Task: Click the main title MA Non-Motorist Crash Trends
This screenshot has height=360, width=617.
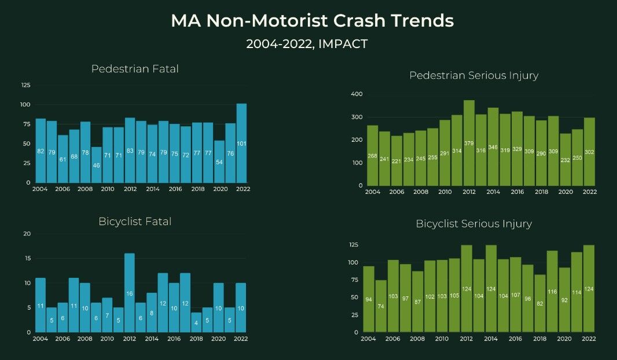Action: click(x=312, y=21)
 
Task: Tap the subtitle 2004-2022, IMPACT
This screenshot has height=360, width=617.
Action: click(x=307, y=44)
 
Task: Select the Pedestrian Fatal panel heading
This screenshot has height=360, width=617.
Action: click(x=135, y=69)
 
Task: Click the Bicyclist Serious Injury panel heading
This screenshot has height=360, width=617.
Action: click(x=473, y=223)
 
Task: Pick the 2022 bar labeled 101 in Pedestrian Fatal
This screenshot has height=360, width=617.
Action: click(x=242, y=144)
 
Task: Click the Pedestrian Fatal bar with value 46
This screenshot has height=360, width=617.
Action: click(x=96, y=165)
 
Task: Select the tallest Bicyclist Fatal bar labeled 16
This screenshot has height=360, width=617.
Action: click(x=130, y=293)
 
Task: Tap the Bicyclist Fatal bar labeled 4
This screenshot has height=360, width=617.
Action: click(x=196, y=322)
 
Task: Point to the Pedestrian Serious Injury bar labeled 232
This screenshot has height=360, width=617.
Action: click(x=565, y=160)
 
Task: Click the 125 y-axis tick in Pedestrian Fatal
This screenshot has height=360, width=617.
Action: click(x=25, y=85)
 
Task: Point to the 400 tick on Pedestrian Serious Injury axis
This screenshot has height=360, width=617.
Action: click(x=357, y=94)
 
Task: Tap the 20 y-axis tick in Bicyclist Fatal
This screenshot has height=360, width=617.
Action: click(x=27, y=234)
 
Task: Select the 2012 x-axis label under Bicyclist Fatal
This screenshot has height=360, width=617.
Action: click(x=130, y=338)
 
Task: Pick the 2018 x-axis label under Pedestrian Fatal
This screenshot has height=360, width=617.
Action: click(x=196, y=189)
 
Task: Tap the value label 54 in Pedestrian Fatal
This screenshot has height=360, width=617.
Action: click(x=219, y=162)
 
